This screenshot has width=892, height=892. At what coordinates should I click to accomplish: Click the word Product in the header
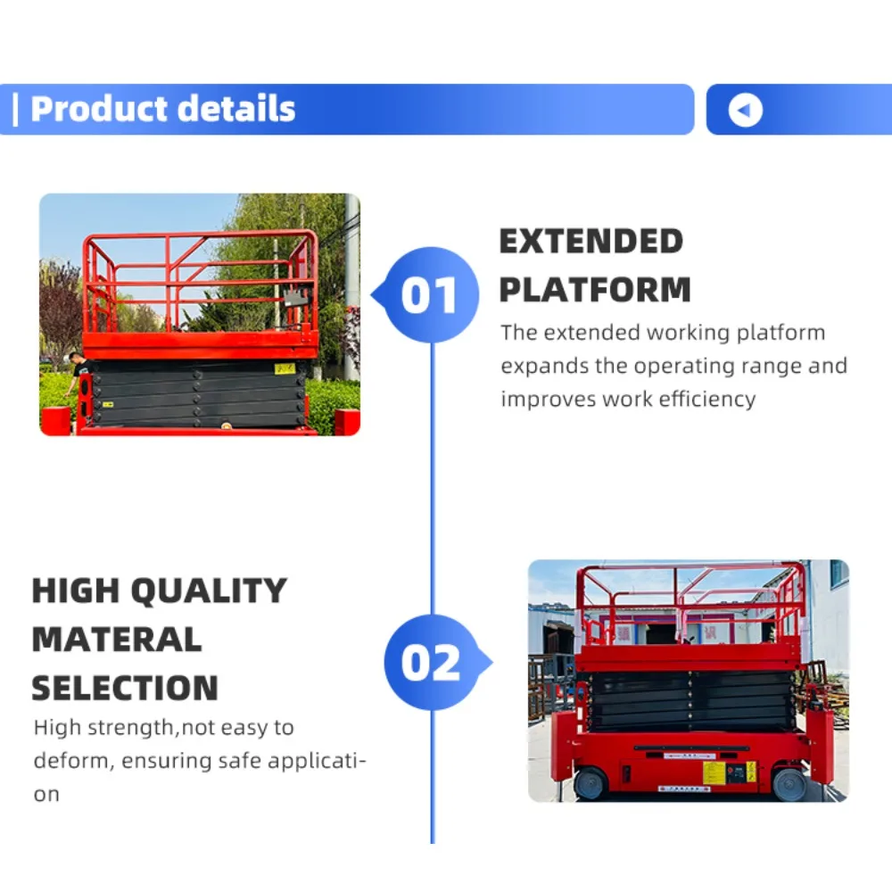(97, 109)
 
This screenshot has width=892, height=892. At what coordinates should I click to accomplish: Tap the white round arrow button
(745, 110)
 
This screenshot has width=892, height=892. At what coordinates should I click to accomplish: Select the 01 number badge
(429, 295)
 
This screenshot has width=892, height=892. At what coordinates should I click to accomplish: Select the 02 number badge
(430, 663)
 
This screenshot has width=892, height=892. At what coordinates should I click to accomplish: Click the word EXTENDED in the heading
(591, 242)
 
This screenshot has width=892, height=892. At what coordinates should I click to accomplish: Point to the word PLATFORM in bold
(595, 290)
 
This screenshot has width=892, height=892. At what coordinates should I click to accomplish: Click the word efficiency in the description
(706, 399)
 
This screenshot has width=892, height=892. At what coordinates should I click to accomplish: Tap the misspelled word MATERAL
(117, 640)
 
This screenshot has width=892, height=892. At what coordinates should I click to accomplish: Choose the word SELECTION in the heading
(125, 688)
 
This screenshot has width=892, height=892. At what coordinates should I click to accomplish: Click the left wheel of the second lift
(590, 783)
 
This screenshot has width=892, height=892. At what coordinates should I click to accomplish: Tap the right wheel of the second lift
(789, 784)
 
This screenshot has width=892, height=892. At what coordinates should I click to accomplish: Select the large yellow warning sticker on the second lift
(714, 772)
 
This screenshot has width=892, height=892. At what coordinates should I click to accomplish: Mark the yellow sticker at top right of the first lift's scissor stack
(285, 368)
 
